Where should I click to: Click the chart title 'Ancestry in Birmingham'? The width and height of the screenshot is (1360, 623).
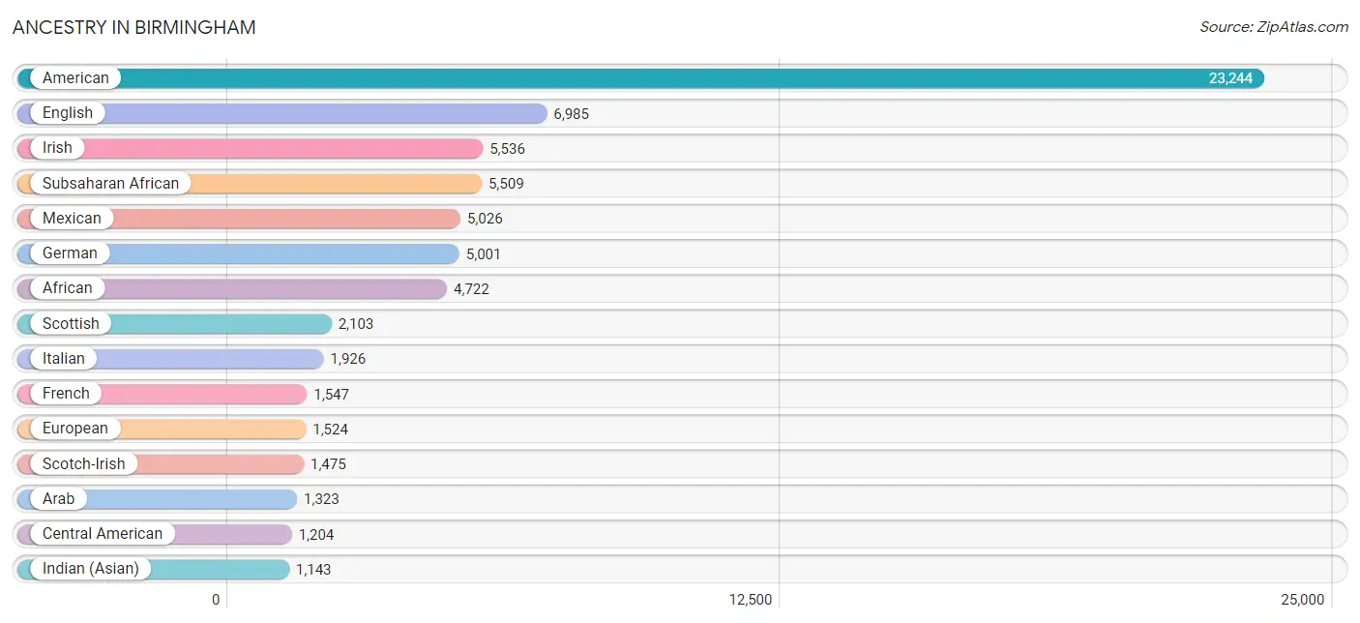click(x=133, y=27)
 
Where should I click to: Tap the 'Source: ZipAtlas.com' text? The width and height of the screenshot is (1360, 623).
click(x=1273, y=27)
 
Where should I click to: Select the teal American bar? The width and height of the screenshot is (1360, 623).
click(x=640, y=78)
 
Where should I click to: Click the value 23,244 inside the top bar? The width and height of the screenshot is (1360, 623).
click(x=1230, y=78)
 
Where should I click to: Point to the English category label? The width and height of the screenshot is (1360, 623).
click(x=68, y=113)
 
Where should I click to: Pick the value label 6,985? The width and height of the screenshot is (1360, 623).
click(x=572, y=113)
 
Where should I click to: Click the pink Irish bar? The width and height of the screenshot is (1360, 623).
click(x=251, y=148)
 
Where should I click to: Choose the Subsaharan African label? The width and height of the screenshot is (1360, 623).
click(x=110, y=184)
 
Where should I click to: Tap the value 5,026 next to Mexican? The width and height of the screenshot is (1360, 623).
click(x=485, y=219)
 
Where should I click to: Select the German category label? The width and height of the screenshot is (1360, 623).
click(x=70, y=253)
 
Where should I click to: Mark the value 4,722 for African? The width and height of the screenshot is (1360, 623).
click(x=471, y=289)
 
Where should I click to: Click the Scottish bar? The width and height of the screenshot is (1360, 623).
click(x=174, y=324)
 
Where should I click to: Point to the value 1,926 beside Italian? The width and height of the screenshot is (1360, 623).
click(x=348, y=359)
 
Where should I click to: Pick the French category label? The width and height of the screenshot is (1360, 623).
click(x=66, y=394)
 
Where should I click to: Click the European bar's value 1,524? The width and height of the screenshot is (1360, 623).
click(x=330, y=430)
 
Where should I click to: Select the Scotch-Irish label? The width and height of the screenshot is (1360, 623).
click(x=84, y=464)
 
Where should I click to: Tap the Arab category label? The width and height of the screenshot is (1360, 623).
click(x=58, y=498)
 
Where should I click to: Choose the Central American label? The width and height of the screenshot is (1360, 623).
click(x=103, y=534)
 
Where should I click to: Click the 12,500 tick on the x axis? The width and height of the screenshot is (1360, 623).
click(x=751, y=600)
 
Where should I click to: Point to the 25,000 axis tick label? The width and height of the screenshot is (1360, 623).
click(x=1302, y=600)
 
